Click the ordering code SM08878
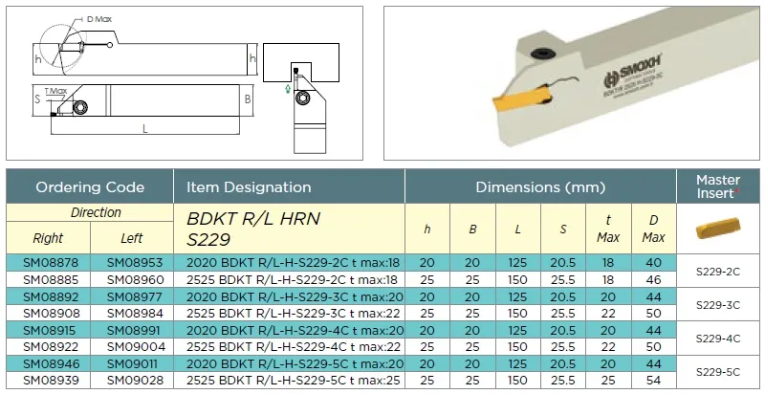(x=48, y=263)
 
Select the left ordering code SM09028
(x=132, y=381)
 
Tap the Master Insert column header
(x=718, y=186)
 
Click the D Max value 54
(x=653, y=381)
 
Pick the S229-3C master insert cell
(x=718, y=305)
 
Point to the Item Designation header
(x=249, y=187)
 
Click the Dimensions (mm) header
(x=540, y=187)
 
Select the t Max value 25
(x=608, y=381)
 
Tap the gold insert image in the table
(x=718, y=228)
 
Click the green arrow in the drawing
(x=288, y=88)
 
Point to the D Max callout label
(x=99, y=19)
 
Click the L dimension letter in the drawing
(x=145, y=128)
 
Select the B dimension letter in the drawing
(x=248, y=99)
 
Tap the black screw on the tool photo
(x=540, y=54)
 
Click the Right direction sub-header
(x=48, y=238)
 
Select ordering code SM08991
(x=132, y=330)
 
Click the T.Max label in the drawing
(x=55, y=91)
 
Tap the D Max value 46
(x=653, y=280)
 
